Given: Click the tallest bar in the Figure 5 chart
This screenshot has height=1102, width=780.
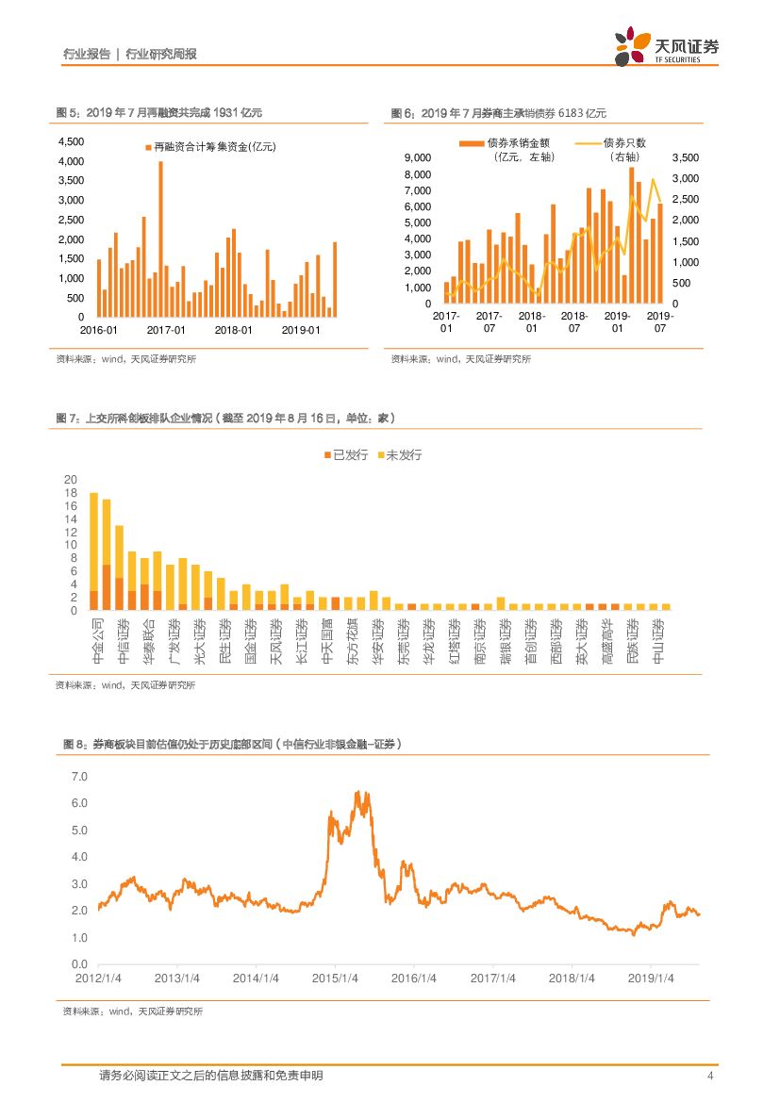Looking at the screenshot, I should (x=160, y=239).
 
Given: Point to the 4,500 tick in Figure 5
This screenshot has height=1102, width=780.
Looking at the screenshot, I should (x=72, y=141).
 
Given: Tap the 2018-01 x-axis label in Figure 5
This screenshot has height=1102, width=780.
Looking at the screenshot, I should (x=234, y=330).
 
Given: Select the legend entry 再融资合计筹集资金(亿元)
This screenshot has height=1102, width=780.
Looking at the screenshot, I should (x=208, y=148).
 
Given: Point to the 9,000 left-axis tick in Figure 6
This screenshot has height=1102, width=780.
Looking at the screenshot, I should (x=418, y=157).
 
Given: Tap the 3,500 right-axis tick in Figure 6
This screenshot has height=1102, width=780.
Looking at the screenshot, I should (x=688, y=157).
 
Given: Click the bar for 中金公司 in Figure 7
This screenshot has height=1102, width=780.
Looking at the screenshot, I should (x=93, y=551).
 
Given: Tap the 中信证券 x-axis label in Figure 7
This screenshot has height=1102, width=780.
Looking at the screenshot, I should (x=120, y=641).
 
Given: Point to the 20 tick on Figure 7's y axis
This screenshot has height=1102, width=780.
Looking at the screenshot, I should (x=70, y=480).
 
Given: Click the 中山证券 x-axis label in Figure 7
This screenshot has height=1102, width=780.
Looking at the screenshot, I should (x=657, y=641).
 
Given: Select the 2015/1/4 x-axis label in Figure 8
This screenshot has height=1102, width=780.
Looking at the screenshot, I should (x=336, y=978).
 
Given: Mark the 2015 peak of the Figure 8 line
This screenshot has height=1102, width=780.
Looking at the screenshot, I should (x=357, y=794).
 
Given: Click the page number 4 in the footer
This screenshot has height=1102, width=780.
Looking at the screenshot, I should (x=709, y=1076).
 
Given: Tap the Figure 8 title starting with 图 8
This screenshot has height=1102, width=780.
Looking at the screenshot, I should (x=232, y=744).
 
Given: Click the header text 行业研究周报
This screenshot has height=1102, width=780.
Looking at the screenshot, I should (x=161, y=55).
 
